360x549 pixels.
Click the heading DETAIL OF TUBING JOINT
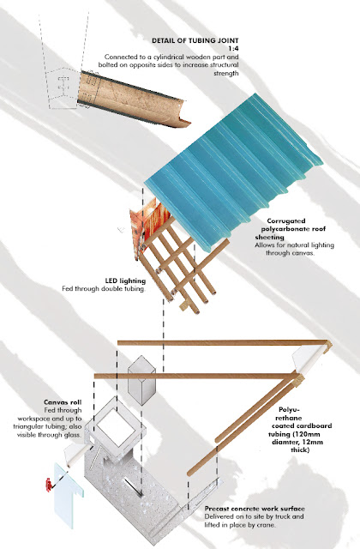195,40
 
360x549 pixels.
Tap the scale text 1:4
233,49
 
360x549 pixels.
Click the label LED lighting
125,281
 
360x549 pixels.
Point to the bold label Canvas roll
63,402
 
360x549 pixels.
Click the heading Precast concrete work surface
255,509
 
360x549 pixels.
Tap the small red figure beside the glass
49,486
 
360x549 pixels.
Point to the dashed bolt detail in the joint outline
63,86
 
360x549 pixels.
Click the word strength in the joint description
226,73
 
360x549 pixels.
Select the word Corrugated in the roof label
285,221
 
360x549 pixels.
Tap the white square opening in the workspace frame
116,429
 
